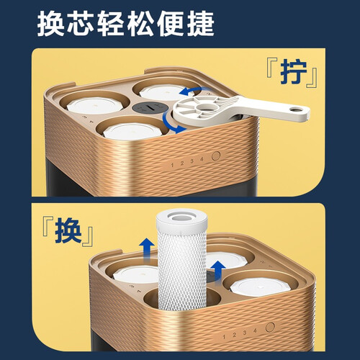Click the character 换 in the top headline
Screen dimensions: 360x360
point(50,24)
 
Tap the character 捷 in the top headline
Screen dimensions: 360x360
point(200,24)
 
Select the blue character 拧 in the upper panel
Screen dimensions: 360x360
point(293,72)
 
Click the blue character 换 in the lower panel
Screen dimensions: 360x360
point(68,232)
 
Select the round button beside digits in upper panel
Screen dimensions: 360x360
point(216,156)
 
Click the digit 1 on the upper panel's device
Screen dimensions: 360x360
point(172,165)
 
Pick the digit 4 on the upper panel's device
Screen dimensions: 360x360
point(202,159)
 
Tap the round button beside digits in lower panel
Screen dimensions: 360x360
point(270,327)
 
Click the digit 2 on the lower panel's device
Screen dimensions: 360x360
point(234,335)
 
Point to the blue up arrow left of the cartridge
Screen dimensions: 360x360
point(147,250)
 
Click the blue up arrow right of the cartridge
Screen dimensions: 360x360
point(218,272)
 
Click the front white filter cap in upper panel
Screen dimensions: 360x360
point(132,130)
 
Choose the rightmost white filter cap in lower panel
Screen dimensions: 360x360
point(260,287)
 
